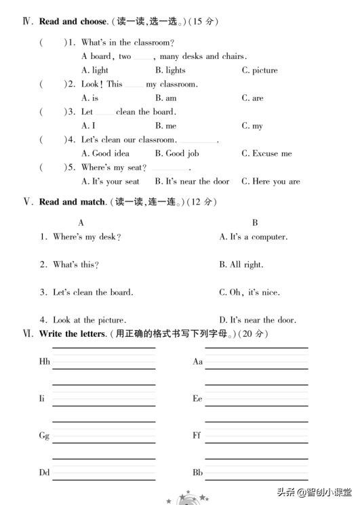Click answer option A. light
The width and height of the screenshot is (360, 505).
coord(94,70)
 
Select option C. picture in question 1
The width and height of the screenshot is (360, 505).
coord(260,70)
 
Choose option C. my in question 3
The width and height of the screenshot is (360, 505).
coord(252,126)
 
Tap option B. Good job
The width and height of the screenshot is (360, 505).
coord(177,154)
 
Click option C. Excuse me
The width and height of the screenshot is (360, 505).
coord(266,154)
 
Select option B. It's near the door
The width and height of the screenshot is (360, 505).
coord(192,182)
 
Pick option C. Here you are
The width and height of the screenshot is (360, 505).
coord(271,182)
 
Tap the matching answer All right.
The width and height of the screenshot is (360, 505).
coord(241,265)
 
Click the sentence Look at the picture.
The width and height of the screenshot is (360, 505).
coord(84,320)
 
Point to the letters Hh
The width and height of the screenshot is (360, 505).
coord(45,362)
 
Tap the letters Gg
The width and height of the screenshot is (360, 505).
coord(44,436)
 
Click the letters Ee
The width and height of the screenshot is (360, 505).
coord(197,399)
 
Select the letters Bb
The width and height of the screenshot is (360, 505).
coord(197,473)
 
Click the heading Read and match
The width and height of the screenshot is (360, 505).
coord(72,202)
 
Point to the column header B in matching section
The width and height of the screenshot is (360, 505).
coord(255,222)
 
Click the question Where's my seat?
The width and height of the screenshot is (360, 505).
coord(113,168)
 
